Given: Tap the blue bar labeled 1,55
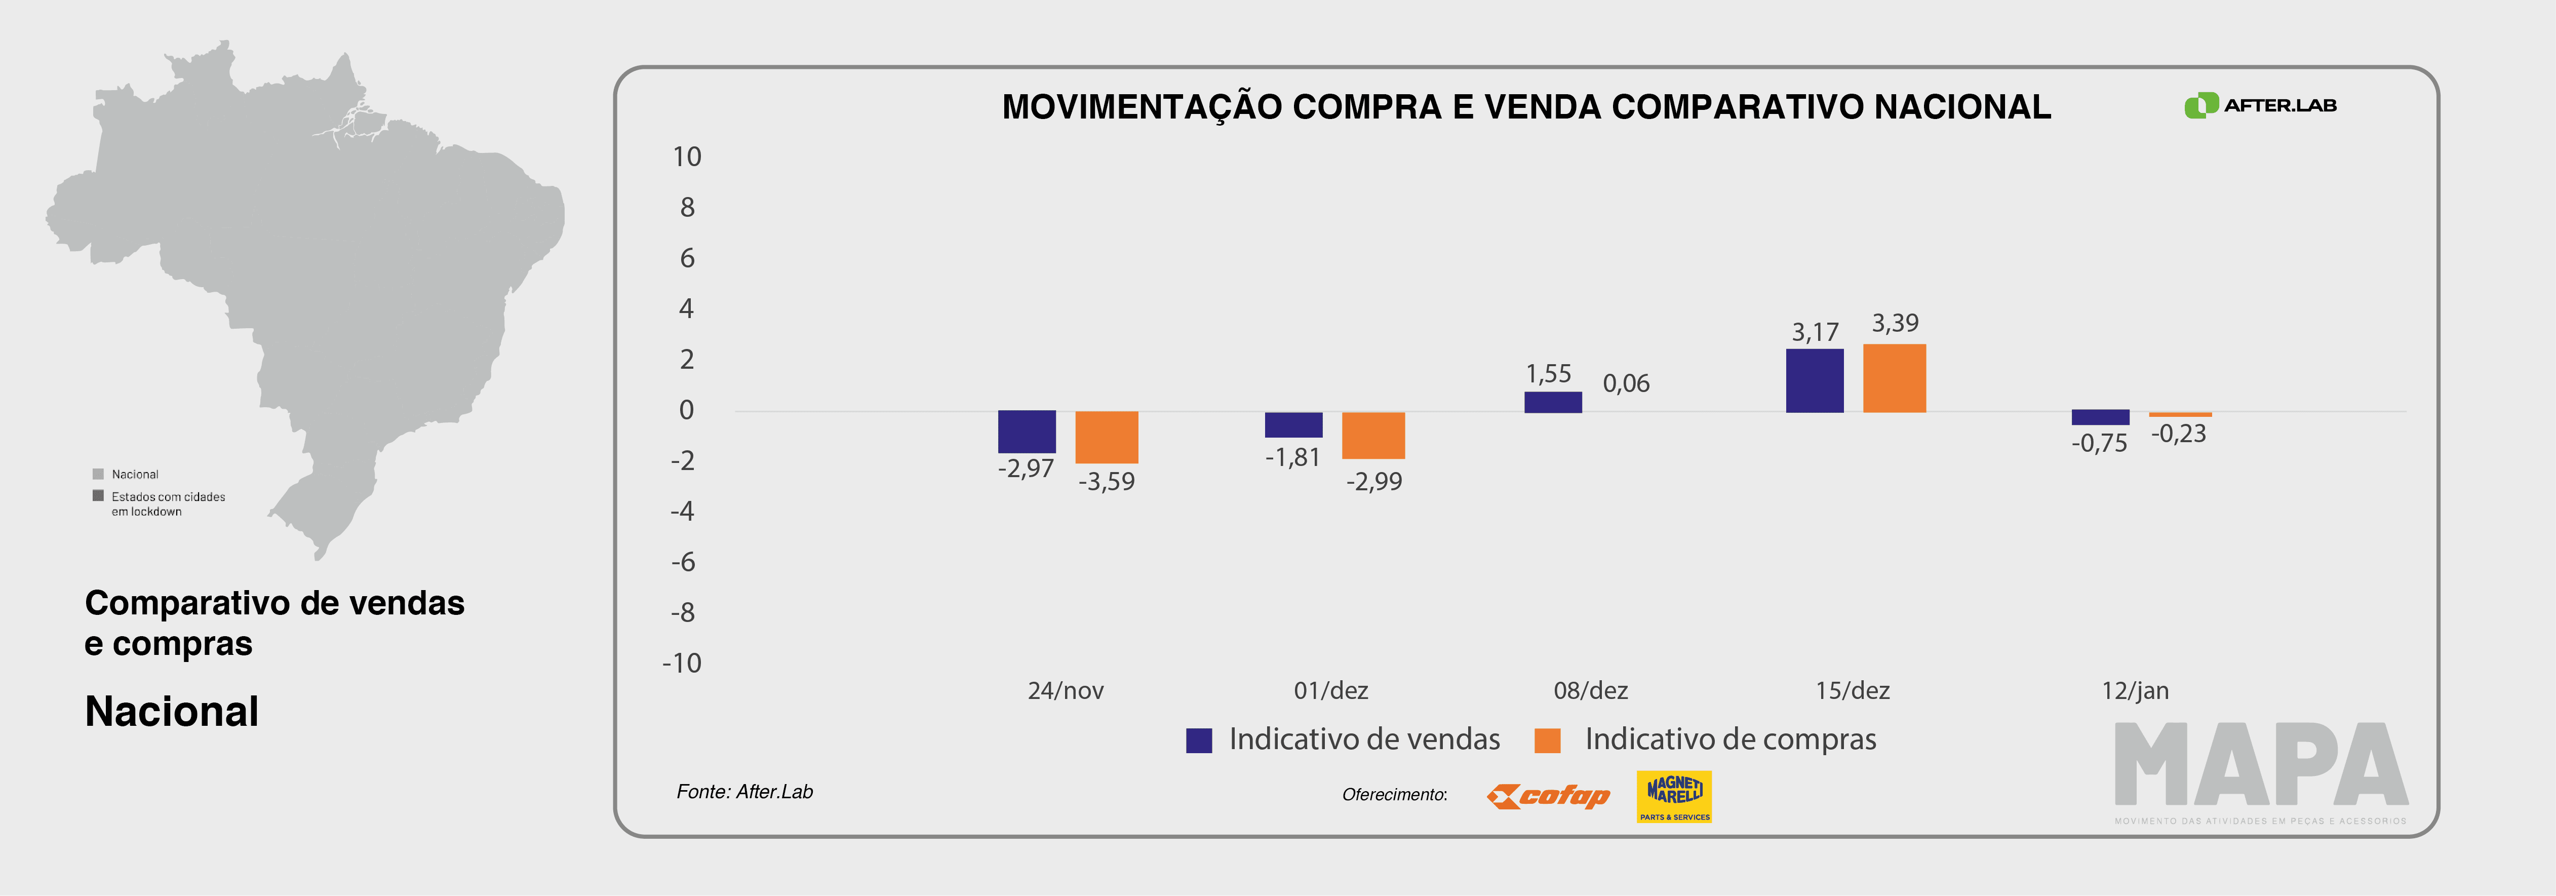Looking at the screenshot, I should tap(1553, 402).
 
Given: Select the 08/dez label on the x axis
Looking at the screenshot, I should tap(1591, 690).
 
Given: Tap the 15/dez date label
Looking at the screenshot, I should tap(1853, 690).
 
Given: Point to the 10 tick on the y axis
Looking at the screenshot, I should tap(687, 157).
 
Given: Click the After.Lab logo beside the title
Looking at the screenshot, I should tap(2259, 105).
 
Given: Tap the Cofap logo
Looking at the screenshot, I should tap(1548, 796).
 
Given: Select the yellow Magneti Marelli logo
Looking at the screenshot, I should tap(1674, 796).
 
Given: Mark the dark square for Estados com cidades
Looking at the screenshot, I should tap(98, 495).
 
